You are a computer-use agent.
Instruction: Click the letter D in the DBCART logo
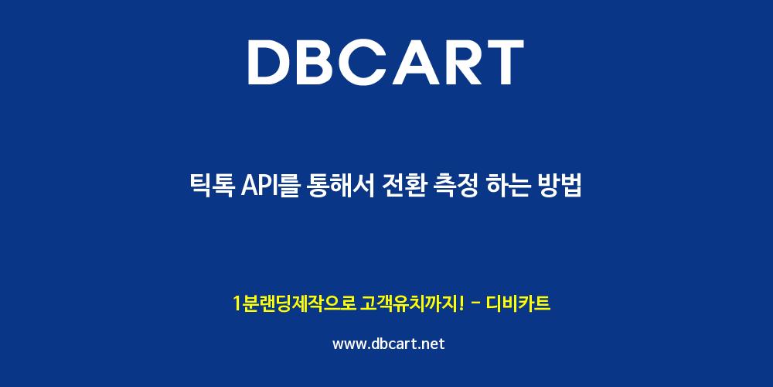[x=271, y=62]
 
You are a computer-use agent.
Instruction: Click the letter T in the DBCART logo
[x=504, y=62]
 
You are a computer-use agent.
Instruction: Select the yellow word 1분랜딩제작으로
[x=295, y=303]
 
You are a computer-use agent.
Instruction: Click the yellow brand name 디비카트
[x=518, y=303]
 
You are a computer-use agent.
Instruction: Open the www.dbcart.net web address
[x=389, y=344]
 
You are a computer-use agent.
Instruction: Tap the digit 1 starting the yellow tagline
[x=237, y=303]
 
